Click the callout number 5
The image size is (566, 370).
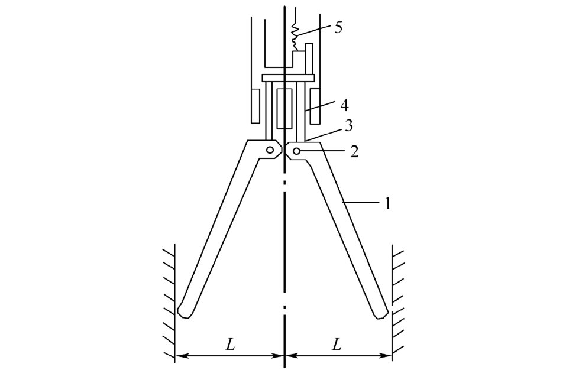click(x=338, y=27)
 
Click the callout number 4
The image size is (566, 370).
click(x=344, y=105)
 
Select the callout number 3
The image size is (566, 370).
click(x=349, y=126)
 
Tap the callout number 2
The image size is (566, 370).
click(x=354, y=151)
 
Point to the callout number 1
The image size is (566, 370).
click(x=387, y=204)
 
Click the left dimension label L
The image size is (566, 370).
click(x=230, y=345)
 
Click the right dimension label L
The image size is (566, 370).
click(x=336, y=345)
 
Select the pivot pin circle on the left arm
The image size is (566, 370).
click(x=270, y=150)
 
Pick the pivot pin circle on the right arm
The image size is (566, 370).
click(x=296, y=151)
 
